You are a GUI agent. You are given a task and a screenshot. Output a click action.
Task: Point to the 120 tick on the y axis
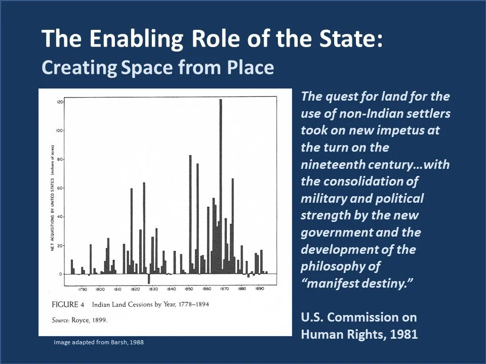(59, 102)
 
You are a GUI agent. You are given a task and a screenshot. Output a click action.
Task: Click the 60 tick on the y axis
(60, 188)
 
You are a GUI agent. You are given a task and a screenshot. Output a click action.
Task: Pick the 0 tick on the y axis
(60, 275)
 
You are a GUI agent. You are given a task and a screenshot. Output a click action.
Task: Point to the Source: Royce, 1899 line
(80, 320)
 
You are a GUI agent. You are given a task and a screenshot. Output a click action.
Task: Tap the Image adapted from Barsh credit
(99, 342)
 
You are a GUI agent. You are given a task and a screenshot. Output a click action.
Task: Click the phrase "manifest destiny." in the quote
(361, 283)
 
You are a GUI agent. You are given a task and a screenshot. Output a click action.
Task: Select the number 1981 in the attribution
(401, 334)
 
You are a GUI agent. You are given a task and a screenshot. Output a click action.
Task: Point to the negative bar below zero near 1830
(149, 279)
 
